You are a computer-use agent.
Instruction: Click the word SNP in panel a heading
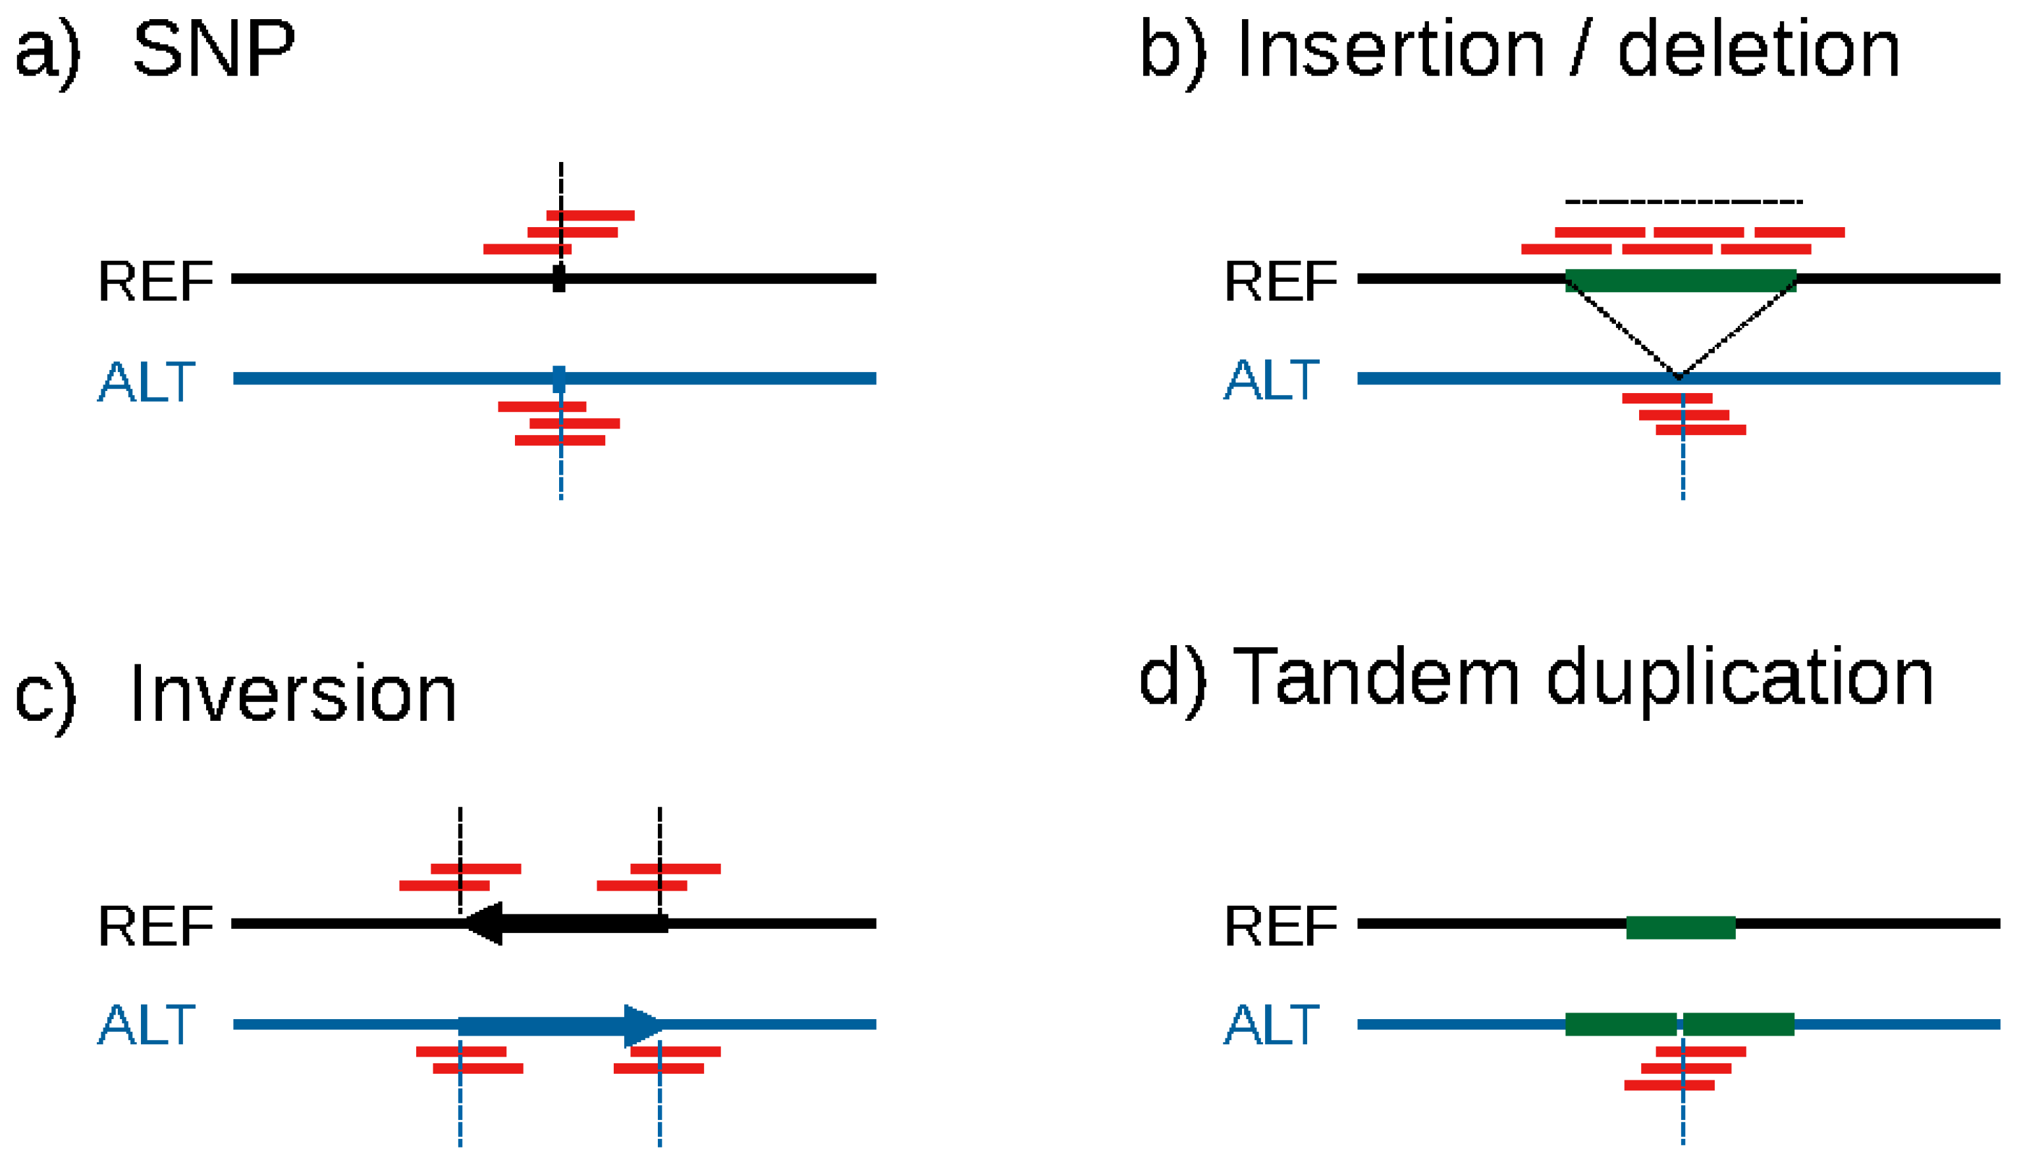coord(214,49)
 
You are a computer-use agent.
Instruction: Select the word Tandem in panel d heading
coord(1375,678)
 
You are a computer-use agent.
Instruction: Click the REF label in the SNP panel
coord(156,281)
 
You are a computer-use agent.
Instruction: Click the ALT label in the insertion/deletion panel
coord(1271,381)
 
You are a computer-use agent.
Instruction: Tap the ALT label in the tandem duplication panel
coord(1271,1025)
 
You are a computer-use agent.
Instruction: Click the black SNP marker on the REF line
coord(559,278)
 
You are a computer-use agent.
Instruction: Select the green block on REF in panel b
coord(1681,280)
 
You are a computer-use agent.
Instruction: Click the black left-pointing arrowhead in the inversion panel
coord(486,923)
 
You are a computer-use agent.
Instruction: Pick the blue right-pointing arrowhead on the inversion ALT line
coord(641,1025)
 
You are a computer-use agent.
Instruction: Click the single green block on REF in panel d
coord(1681,928)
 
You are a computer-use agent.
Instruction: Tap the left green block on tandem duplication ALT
coord(1620,1024)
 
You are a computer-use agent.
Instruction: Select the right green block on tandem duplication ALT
coord(1738,1024)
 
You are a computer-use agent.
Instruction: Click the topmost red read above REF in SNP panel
coord(590,215)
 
